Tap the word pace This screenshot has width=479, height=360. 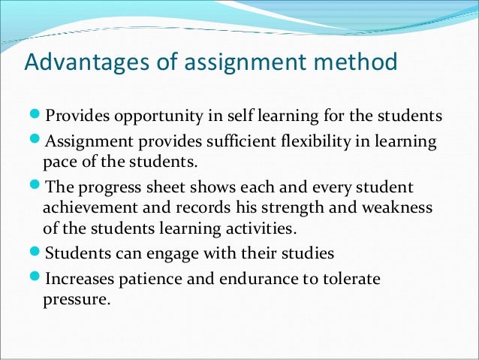tap(59, 161)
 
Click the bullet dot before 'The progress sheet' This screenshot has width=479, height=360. tap(37, 186)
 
